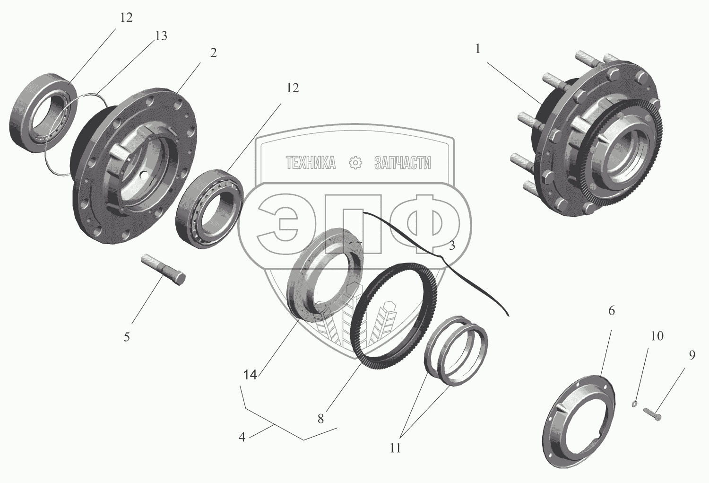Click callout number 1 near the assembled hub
click(478, 49)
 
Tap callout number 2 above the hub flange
click(213, 53)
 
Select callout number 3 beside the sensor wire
click(452, 246)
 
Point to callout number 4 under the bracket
click(242, 437)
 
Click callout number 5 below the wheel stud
click(127, 337)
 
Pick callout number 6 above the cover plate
click(611, 311)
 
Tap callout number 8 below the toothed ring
click(320, 419)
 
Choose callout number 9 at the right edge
click(692, 355)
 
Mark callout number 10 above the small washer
click(657, 336)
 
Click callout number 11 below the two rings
click(395, 448)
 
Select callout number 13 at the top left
click(161, 36)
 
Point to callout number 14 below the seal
click(250, 375)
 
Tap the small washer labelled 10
click(635, 404)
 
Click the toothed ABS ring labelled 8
click(395, 315)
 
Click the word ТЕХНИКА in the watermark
click(311, 163)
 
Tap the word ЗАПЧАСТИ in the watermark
click(402, 163)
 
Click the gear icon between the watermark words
click(354, 163)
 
